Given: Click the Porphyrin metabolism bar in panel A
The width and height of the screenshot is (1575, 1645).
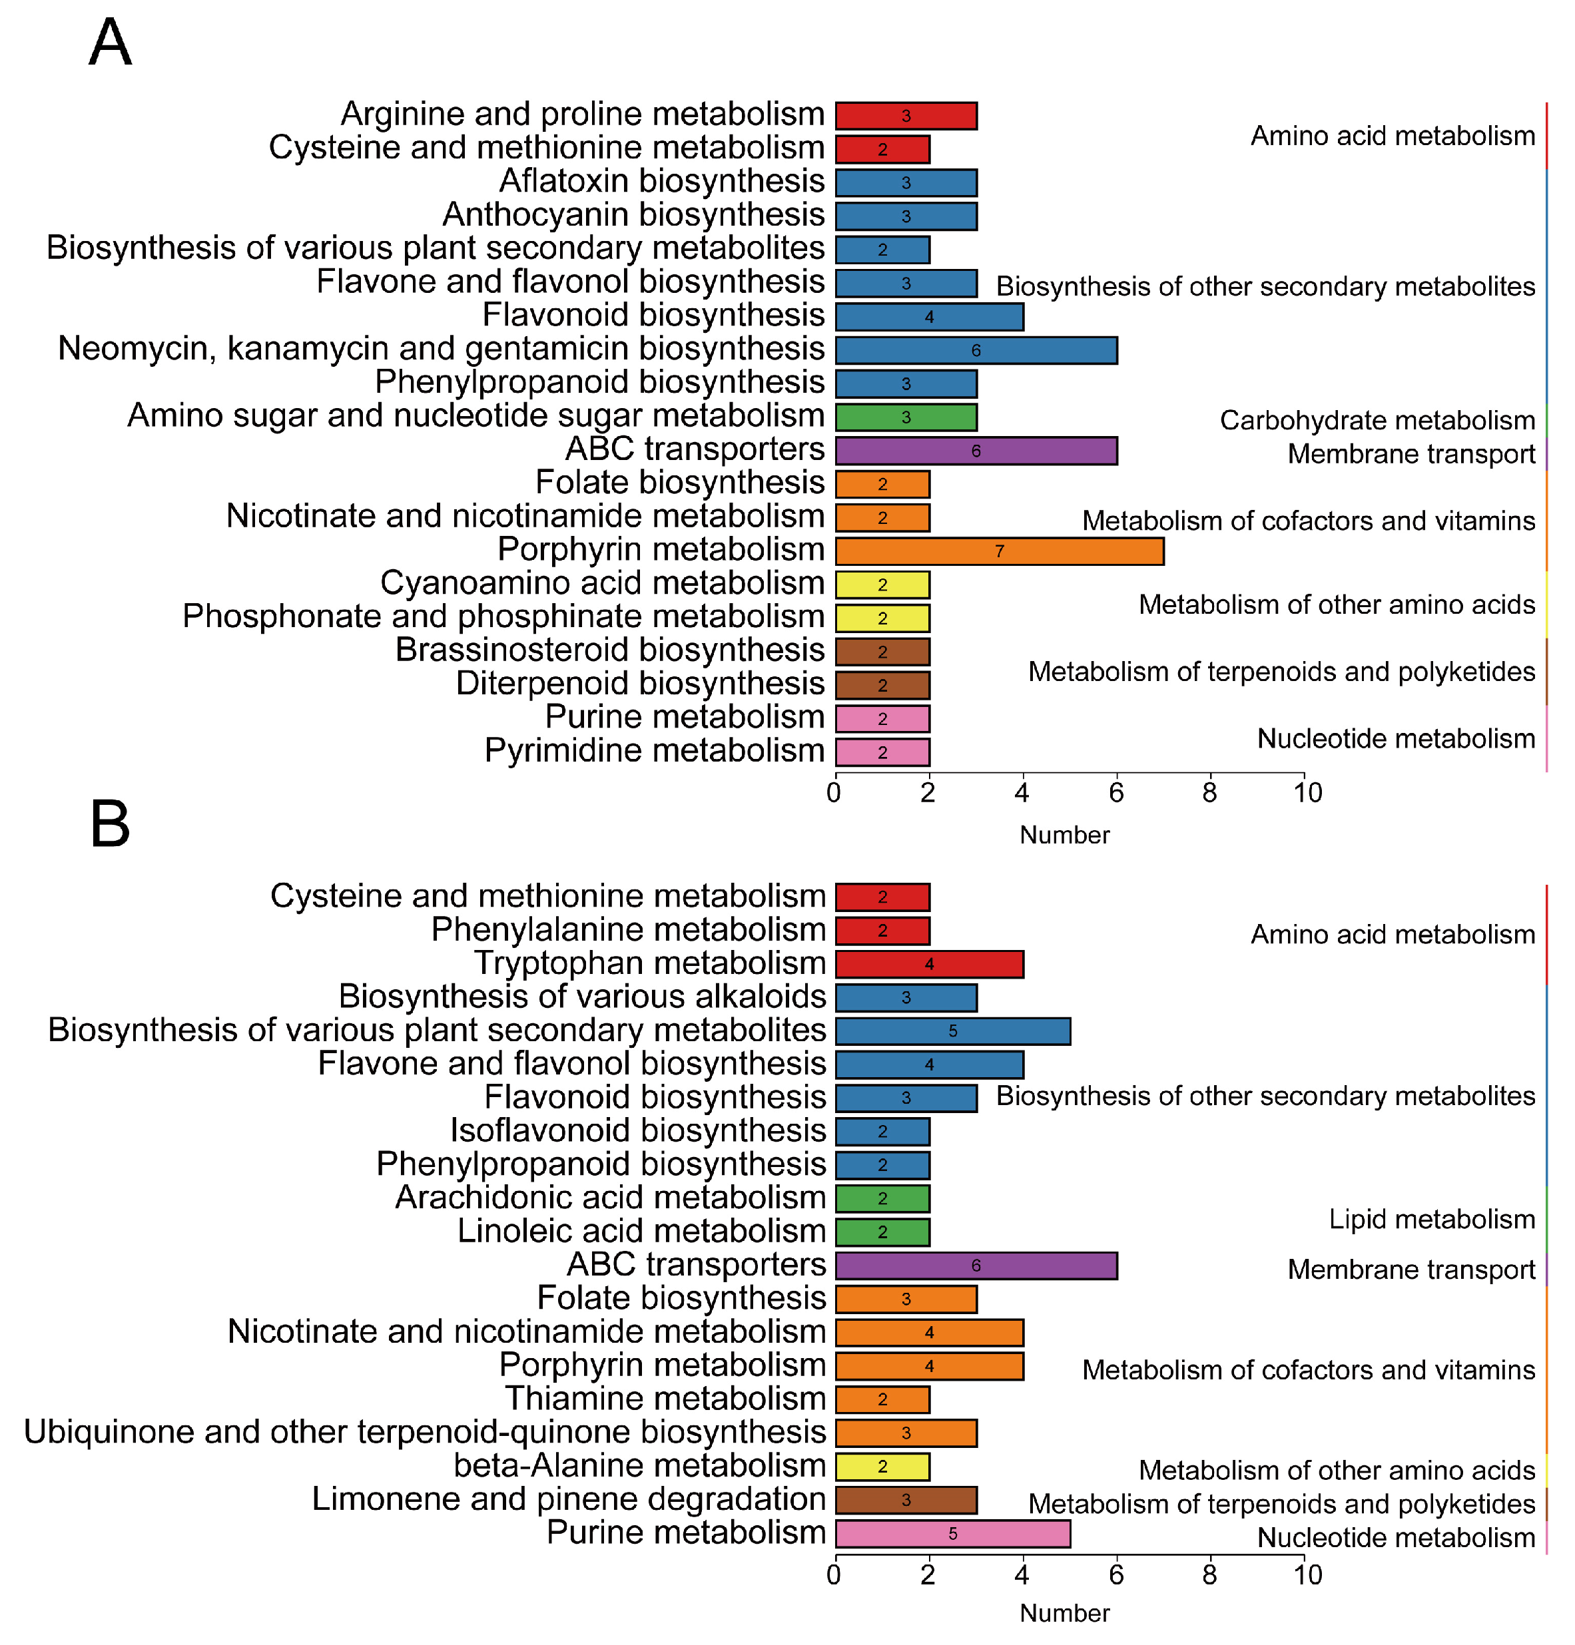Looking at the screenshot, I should point(999,551).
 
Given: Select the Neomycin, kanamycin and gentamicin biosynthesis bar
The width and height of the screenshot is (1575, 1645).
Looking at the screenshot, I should point(976,350).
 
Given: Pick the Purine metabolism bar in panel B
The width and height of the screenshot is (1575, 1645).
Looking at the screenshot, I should point(952,1533).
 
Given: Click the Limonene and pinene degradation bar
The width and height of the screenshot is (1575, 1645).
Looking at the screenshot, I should point(905,1500).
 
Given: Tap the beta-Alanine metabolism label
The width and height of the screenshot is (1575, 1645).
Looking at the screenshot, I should point(640,1466).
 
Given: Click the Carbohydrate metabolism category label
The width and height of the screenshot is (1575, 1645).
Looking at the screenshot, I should point(1377,421).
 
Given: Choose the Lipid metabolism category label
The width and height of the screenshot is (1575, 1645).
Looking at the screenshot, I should point(1431,1220).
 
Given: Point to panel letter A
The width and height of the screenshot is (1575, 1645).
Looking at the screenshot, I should point(110,44).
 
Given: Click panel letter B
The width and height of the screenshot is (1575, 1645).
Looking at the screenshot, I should point(110,824).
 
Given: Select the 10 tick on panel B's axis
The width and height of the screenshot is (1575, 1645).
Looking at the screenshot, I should point(1307,1575).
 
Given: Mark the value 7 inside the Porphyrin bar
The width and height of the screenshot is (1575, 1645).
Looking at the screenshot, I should point(999,551).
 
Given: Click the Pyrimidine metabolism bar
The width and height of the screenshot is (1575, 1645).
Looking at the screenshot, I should point(882,752).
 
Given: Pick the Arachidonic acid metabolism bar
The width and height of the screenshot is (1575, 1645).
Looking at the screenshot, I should point(882,1198).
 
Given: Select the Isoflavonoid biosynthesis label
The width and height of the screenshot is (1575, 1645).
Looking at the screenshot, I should point(638,1131).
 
